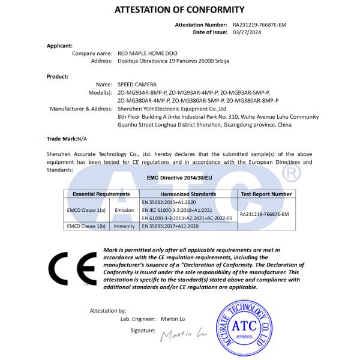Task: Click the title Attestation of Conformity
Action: (x=179, y=10)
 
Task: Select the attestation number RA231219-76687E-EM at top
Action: (x=262, y=25)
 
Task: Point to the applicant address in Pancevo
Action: (x=173, y=61)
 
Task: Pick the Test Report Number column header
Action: (x=266, y=194)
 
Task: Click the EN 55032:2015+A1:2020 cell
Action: (x=170, y=202)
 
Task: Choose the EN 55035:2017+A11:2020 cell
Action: (x=171, y=226)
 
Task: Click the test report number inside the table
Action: (x=264, y=214)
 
